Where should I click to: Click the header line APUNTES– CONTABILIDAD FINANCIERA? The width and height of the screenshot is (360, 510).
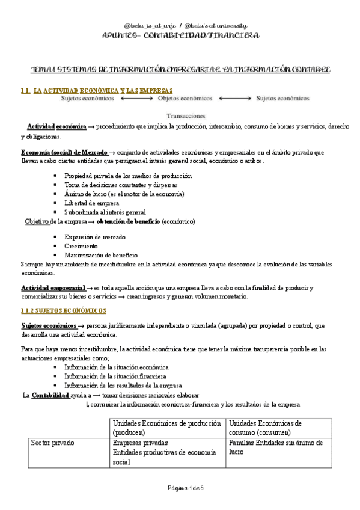[181, 36]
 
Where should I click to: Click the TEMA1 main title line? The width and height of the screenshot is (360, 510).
[180, 71]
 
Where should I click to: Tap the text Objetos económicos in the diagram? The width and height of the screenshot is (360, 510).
[185, 98]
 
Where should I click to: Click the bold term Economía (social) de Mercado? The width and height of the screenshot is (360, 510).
[64, 152]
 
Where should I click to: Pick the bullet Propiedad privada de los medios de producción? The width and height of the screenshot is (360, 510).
[128, 176]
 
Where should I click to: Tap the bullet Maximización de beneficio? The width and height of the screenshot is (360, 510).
[100, 255]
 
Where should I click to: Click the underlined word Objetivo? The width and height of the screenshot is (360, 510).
[37, 221]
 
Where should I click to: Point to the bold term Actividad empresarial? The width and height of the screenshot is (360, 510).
[52, 288]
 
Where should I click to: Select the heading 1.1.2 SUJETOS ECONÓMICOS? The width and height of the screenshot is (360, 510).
[64, 310]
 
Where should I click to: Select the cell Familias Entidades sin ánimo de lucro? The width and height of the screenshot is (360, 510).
[276, 447]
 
